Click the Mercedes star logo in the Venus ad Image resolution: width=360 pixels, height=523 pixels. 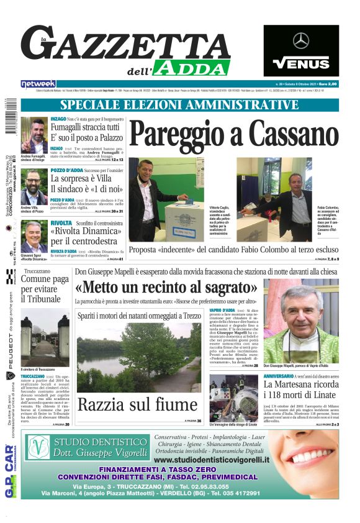click(301, 41)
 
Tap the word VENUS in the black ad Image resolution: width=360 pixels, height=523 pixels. click(301, 63)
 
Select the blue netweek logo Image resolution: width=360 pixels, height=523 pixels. click(38, 84)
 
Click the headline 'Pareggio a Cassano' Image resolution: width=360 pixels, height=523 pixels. click(233, 134)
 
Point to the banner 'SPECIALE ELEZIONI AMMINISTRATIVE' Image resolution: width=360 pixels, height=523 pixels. click(179, 105)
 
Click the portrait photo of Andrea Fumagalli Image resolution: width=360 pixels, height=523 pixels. click(34, 134)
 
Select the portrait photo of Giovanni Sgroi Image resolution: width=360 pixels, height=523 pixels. click(34, 237)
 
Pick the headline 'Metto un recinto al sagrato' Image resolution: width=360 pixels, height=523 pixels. click(166, 287)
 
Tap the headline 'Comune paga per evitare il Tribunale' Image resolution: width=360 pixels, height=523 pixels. click(45, 288)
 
